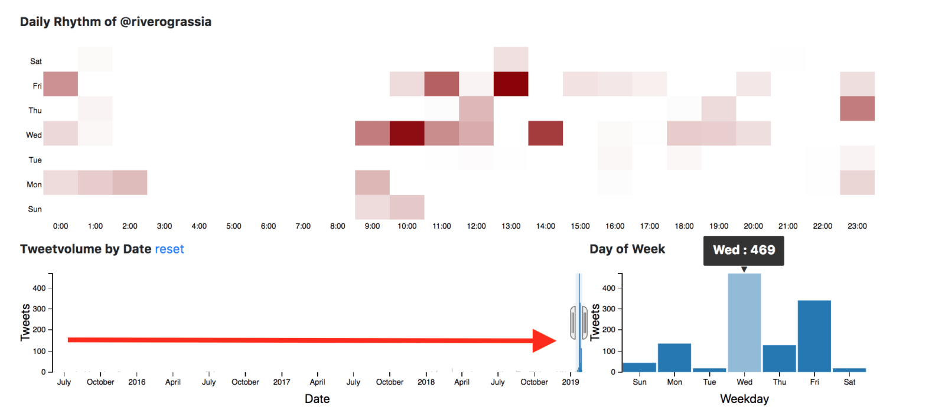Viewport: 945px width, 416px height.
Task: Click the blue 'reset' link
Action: tap(169, 249)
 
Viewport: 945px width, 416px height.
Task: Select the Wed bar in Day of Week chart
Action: tap(744, 322)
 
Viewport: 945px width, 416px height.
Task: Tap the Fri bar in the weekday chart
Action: tap(814, 336)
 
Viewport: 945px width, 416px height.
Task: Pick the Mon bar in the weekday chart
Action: tap(674, 357)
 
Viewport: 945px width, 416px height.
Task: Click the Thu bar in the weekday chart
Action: tap(779, 358)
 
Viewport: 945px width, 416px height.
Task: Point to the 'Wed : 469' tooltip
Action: tap(744, 250)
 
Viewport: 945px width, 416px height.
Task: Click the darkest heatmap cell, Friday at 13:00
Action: tap(511, 84)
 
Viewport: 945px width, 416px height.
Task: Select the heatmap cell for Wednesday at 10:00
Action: tap(407, 133)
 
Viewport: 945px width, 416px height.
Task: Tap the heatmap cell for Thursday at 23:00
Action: tap(857, 109)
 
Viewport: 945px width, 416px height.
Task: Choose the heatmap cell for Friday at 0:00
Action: tap(60, 84)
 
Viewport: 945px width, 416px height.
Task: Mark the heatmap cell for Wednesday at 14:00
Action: tap(545, 133)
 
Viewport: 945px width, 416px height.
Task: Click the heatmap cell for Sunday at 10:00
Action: tap(407, 207)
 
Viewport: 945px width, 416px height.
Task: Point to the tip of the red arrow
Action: tap(555, 340)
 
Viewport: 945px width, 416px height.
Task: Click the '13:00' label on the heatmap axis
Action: tap(511, 226)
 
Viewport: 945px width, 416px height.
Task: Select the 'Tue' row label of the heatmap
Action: tap(35, 160)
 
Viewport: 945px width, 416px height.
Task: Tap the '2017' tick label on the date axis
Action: tap(282, 382)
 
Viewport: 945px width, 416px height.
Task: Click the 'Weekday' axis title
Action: tap(744, 399)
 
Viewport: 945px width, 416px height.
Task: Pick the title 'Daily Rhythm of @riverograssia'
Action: tap(116, 22)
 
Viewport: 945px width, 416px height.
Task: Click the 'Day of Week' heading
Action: tap(627, 249)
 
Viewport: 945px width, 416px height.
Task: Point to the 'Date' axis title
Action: tap(317, 399)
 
